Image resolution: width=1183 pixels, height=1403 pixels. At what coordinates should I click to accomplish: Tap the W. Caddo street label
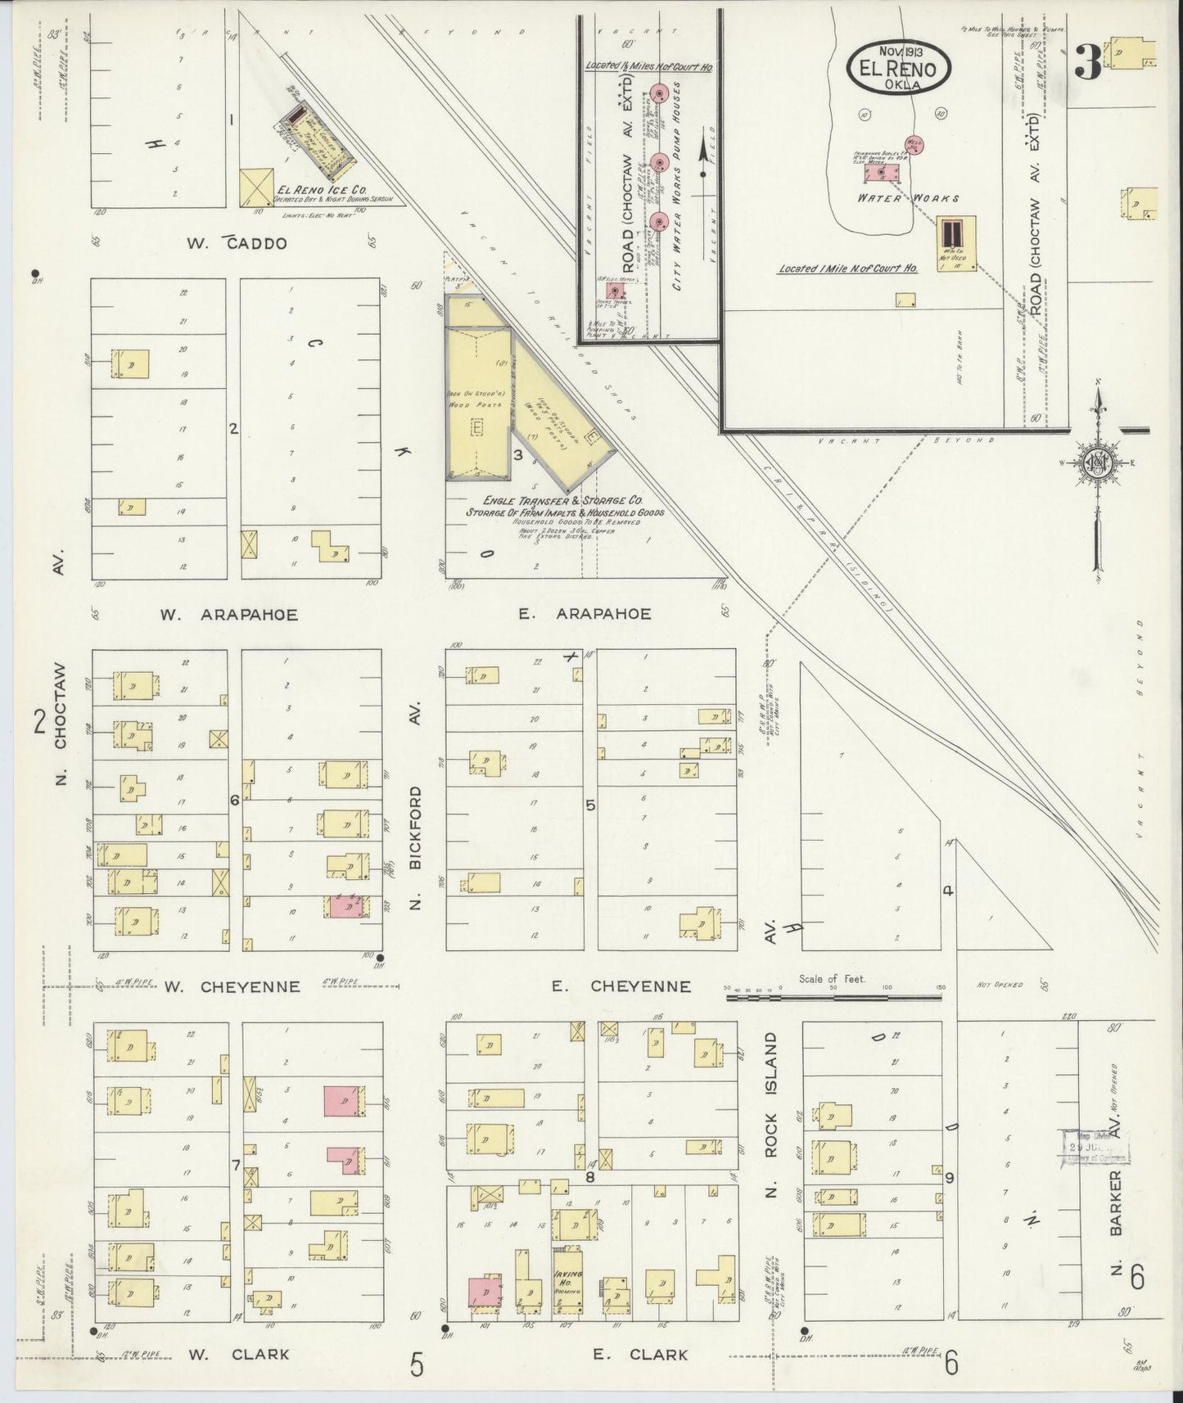click(237, 243)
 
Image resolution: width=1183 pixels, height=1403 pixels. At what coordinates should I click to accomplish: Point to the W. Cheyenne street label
click(233, 987)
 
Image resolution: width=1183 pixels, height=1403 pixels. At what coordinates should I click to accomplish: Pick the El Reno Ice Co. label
click(321, 190)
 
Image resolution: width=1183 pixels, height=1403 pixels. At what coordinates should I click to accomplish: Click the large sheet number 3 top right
click(1087, 63)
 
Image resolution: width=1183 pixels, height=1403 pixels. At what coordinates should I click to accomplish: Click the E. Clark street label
click(640, 1355)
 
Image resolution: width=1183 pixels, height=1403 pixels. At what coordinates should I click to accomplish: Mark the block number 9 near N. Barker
click(950, 1178)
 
